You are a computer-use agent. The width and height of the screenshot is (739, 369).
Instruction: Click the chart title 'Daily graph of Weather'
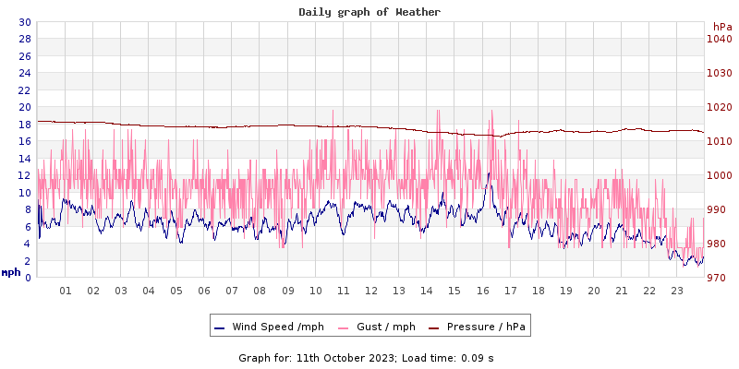click(369, 12)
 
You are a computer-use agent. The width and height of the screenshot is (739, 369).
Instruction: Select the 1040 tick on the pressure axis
click(720, 39)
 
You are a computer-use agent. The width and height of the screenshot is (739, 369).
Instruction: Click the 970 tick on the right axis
click(720, 278)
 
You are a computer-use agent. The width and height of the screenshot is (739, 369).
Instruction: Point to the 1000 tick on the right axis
click(720, 175)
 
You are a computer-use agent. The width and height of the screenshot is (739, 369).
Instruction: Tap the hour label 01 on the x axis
click(66, 291)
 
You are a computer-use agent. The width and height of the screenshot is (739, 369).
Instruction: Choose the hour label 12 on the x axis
click(371, 291)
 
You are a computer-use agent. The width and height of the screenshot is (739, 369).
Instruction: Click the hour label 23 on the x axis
click(677, 291)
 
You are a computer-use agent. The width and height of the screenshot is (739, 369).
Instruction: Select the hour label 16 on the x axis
click(482, 291)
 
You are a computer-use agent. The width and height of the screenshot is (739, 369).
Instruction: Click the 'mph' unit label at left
click(11, 272)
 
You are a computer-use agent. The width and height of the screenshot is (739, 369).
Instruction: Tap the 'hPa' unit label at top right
click(722, 27)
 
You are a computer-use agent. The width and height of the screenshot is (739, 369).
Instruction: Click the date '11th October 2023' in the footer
click(342, 357)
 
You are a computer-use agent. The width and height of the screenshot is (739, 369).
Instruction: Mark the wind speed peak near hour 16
click(489, 173)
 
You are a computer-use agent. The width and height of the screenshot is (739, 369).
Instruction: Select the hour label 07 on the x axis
click(232, 291)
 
